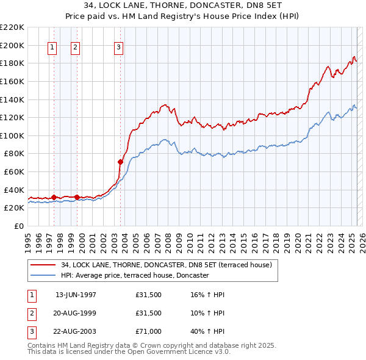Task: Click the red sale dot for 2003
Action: [121, 162]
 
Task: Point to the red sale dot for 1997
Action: [54, 197]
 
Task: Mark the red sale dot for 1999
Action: [77, 197]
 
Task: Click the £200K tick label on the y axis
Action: [12, 45]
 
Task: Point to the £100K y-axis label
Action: [12, 135]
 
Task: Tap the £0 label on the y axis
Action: [20, 226]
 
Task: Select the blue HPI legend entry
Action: [135, 275]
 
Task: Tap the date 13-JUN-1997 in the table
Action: [76, 294]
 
